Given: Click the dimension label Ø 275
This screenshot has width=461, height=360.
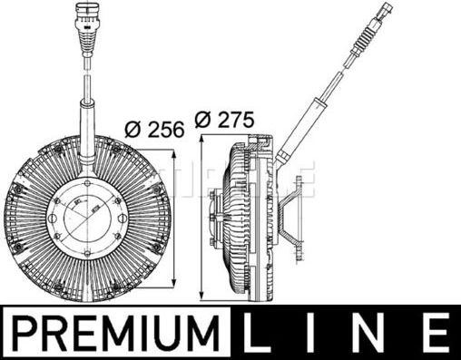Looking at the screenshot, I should (x=225, y=119).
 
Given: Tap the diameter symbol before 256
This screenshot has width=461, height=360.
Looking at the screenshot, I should (x=130, y=129).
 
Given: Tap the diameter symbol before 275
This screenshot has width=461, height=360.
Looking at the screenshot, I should (x=201, y=119).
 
